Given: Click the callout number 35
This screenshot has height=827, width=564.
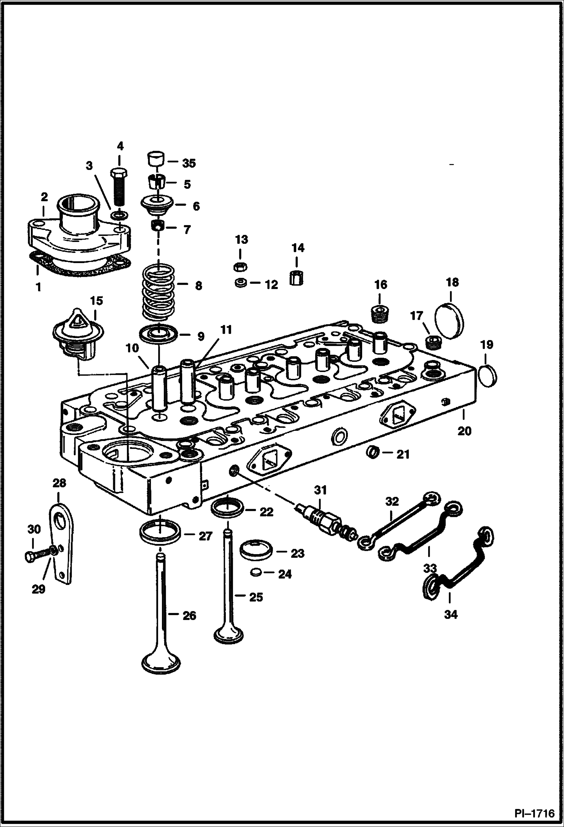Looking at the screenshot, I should pos(189,163).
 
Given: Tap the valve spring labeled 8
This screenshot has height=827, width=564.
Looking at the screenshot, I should pos(158,291).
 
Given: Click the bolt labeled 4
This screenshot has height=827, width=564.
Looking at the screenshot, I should pos(119,188).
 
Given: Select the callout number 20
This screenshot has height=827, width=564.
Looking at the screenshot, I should pos(464,430).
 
